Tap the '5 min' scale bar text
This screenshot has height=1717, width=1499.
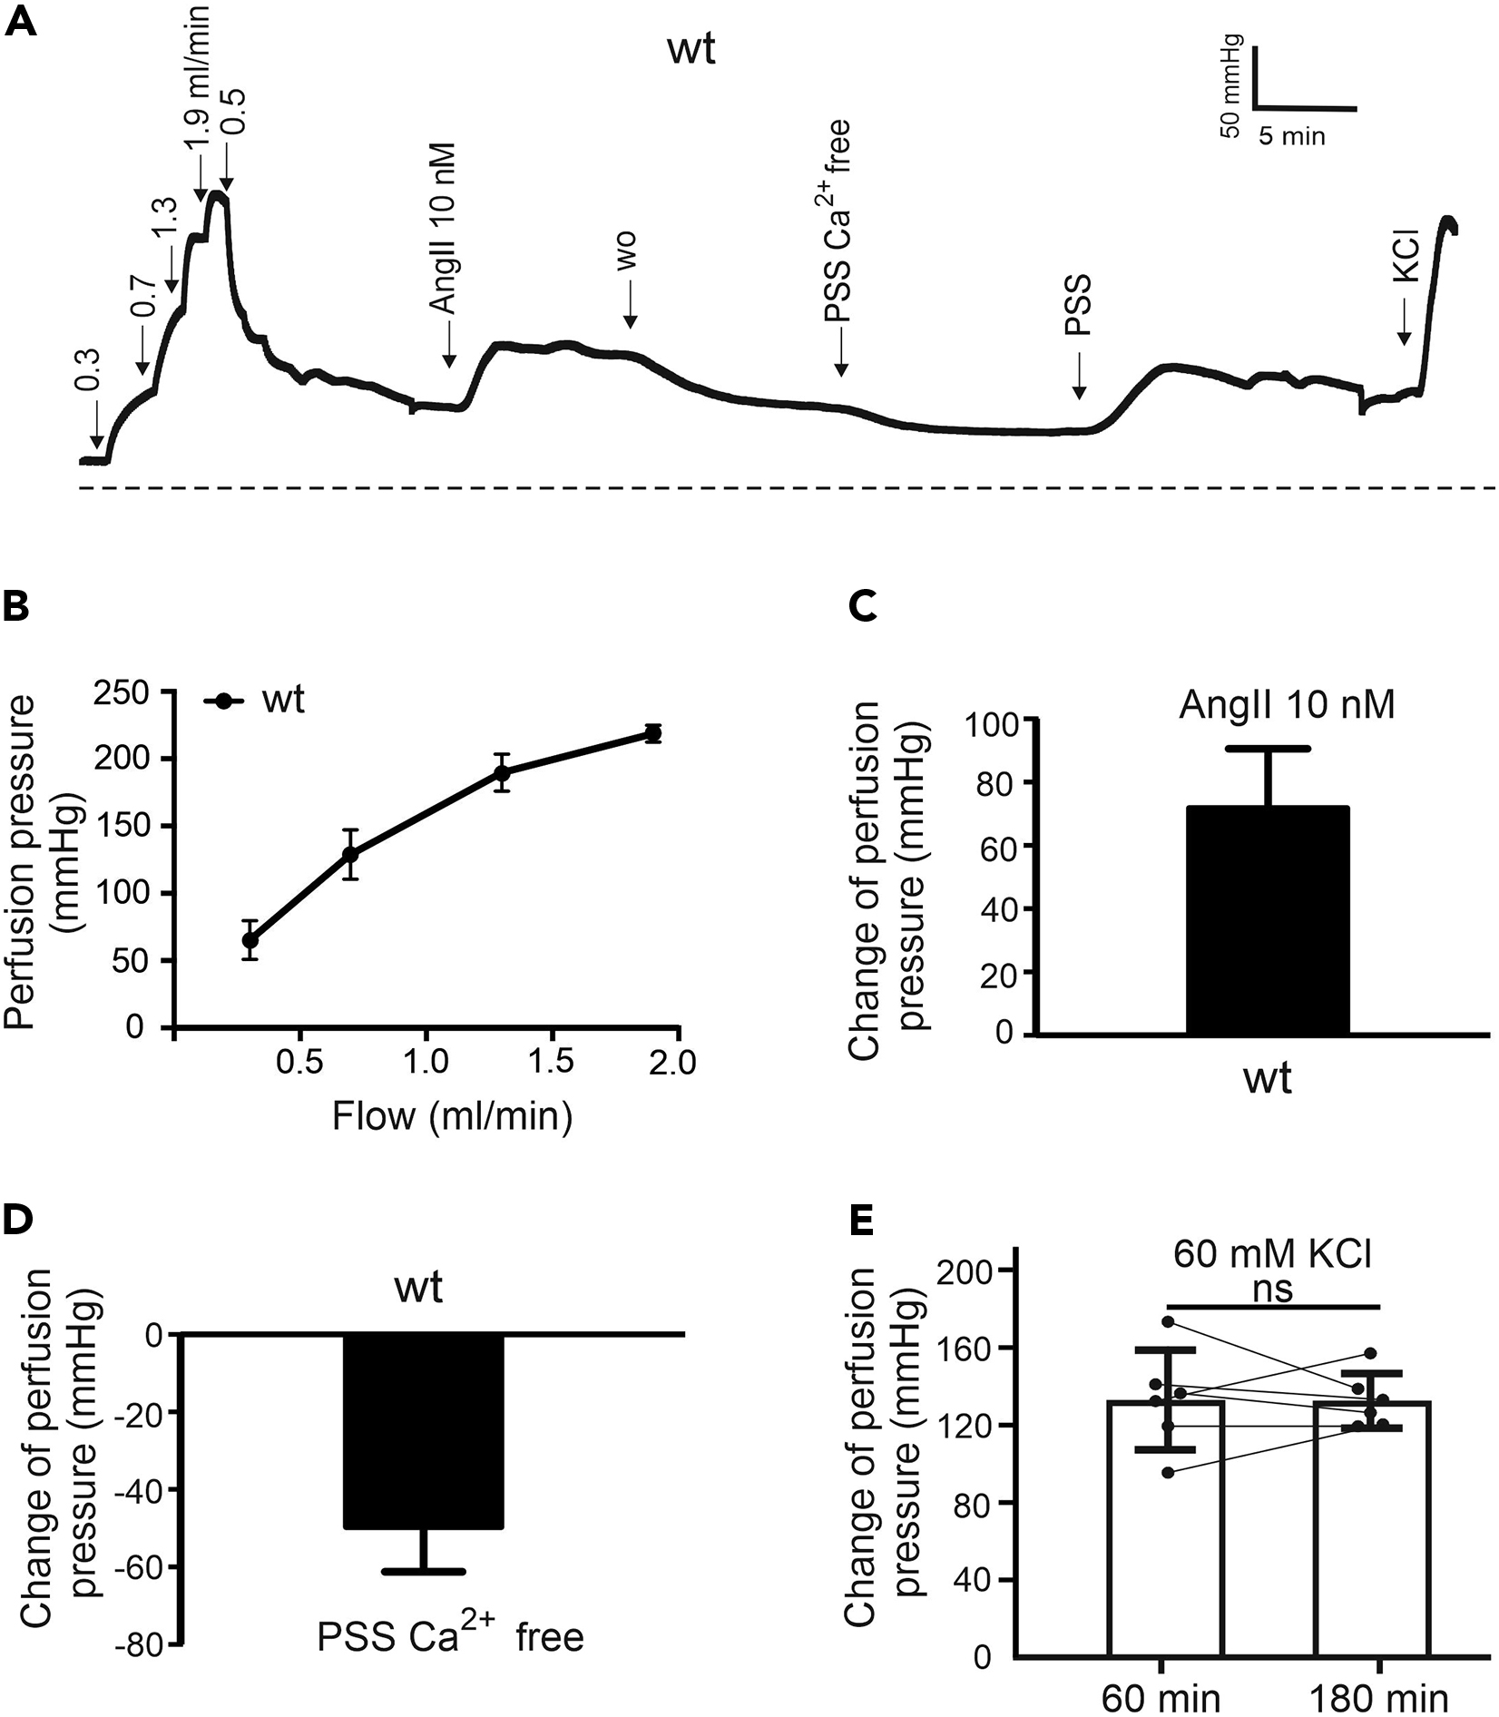tap(1291, 137)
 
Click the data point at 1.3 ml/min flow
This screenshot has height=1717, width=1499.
tap(502, 772)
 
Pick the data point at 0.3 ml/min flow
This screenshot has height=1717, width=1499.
tap(250, 939)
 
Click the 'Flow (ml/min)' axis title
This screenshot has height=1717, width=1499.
tap(452, 1114)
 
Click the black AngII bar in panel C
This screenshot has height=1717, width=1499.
tap(1267, 921)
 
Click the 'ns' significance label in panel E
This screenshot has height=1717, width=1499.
tap(1271, 1290)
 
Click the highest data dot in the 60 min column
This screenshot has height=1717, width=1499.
tap(1168, 1321)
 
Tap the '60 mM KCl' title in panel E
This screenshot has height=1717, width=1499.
tap(1272, 1255)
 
